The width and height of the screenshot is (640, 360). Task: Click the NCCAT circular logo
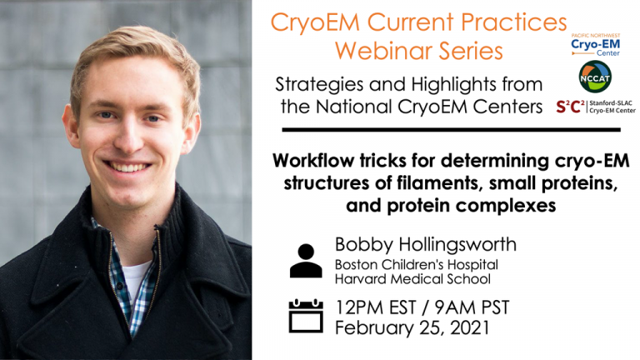click(595, 77)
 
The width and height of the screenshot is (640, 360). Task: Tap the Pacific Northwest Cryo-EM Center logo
click(596, 45)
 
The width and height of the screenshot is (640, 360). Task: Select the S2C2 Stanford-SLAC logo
click(596, 107)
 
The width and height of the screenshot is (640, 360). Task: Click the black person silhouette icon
click(306, 261)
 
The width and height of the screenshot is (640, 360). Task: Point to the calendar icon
click(306, 316)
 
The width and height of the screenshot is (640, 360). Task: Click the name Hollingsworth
click(457, 245)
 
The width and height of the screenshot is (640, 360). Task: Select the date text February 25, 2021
click(412, 327)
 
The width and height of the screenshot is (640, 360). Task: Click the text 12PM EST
click(376, 307)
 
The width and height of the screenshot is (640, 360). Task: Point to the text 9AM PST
click(472, 307)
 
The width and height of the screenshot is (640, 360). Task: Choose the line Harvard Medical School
click(412, 279)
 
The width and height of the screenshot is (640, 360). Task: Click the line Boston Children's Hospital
click(417, 265)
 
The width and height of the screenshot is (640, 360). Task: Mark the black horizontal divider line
click(451, 130)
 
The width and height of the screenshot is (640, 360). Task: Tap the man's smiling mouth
click(127, 167)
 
